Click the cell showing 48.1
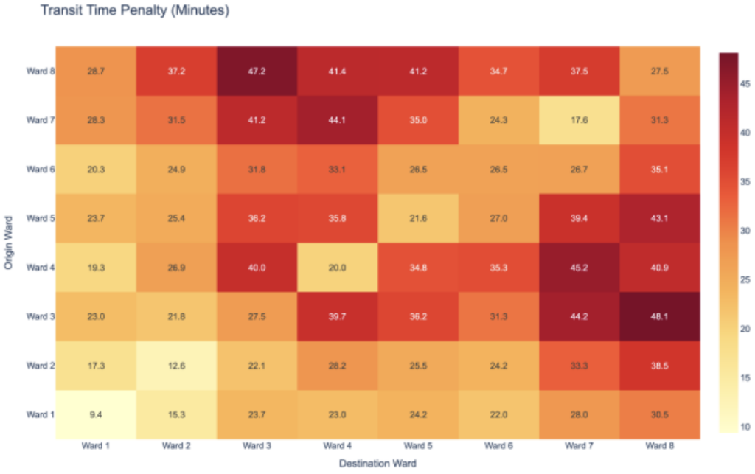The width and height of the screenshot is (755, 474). click(660, 316)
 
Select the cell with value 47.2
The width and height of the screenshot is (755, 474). click(257, 72)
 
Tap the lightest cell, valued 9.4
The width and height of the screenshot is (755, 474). click(96, 414)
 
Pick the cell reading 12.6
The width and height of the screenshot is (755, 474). click(176, 365)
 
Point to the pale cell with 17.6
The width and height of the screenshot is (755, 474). click(579, 120)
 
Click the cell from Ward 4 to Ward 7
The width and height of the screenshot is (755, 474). click(579, 267)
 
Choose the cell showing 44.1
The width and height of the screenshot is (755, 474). click(337, 120)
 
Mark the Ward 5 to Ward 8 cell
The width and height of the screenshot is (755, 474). click(660, 218)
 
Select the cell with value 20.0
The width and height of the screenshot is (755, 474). click(337, 267)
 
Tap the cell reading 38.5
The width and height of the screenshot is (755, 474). click(660, 365)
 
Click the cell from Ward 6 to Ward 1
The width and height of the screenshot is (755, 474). click(96, 170)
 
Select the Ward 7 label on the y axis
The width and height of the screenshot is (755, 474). click(41, 120)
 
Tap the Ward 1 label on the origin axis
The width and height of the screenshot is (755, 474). click(41, 414)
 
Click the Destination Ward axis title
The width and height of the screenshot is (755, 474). click(377, 464)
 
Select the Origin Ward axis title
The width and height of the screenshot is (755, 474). click(10, 243)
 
